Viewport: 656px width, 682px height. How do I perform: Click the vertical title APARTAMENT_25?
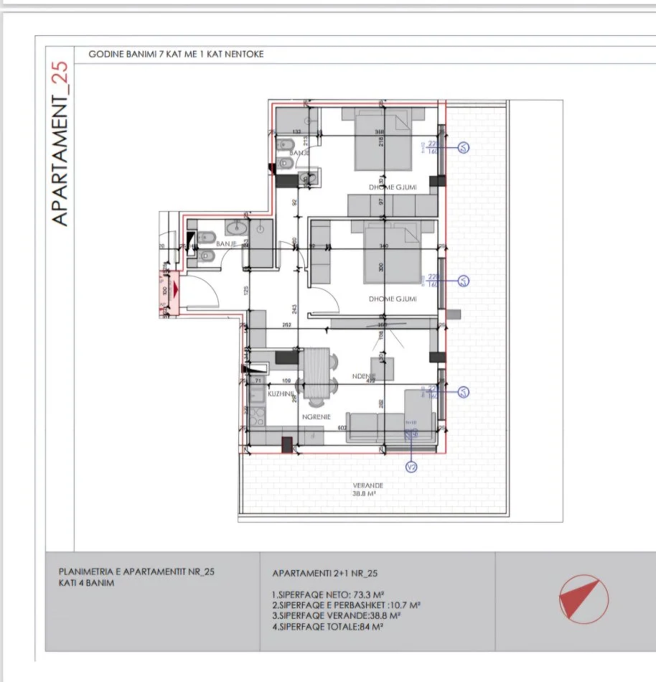(x=61, y=144)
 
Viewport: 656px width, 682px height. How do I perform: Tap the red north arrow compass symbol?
(x=583, y=598)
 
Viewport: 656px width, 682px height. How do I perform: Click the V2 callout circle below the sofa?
(x=411, y=467)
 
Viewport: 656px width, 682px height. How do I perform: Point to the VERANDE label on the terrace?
(x=365, y=485)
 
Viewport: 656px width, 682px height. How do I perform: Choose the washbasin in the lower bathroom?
(x=235, y=229)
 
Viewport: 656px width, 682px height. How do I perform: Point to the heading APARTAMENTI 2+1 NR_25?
(x=325, y=574)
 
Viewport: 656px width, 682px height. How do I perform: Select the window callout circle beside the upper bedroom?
(x=464, y=147)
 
